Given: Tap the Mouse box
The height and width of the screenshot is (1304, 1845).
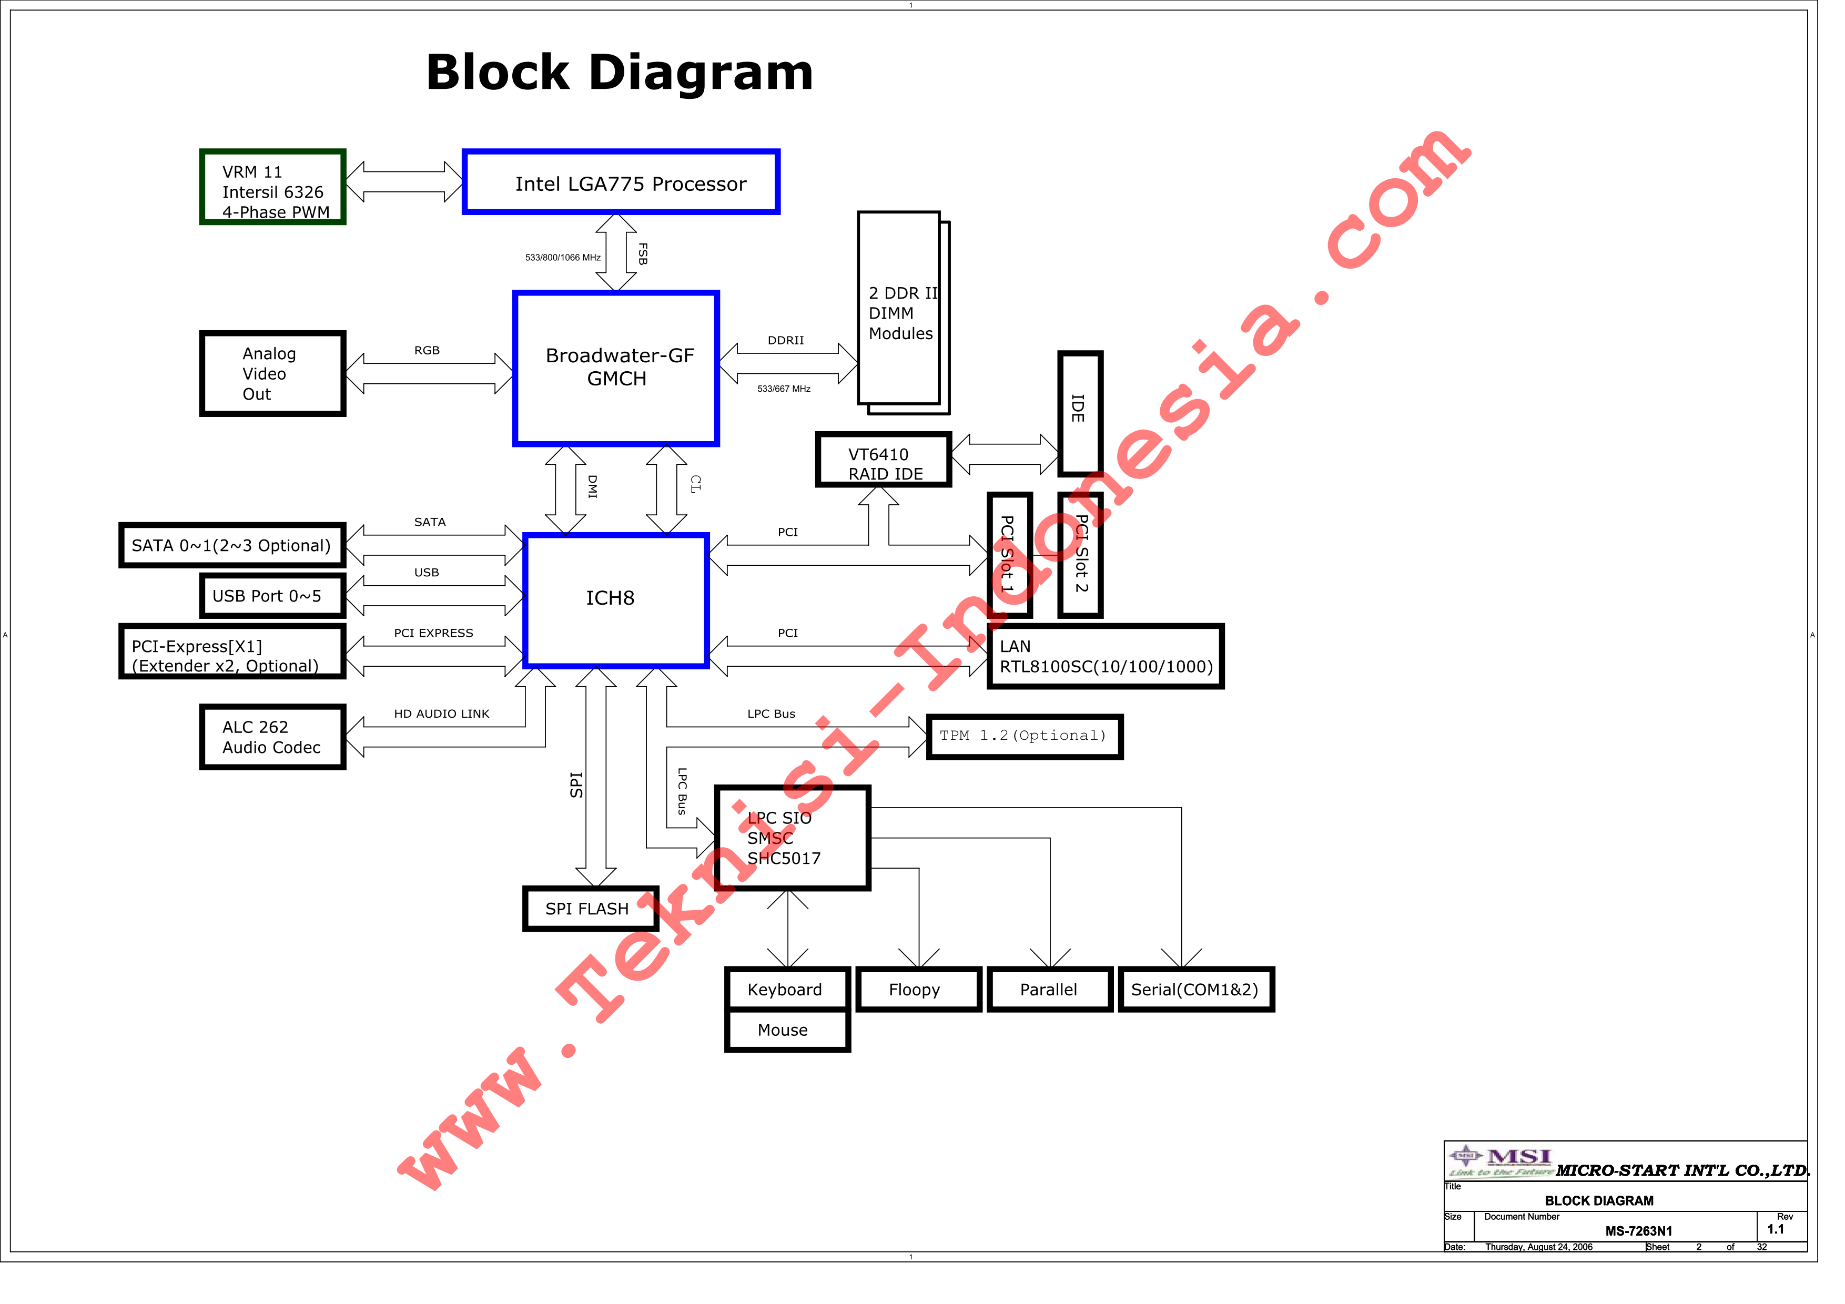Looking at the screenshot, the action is click(x=787, y=1030).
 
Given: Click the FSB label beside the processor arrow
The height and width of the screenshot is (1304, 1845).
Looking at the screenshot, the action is click(x=642, y=254).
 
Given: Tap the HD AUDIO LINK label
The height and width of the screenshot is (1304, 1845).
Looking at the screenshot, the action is click(x=441, y=714).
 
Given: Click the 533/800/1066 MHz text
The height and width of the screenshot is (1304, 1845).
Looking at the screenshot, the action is click(x=563, y=258).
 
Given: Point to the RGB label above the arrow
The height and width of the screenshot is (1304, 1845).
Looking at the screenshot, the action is click(x=427, y=350).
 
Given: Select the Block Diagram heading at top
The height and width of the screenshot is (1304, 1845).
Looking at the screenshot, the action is click(x=620, y=73).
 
